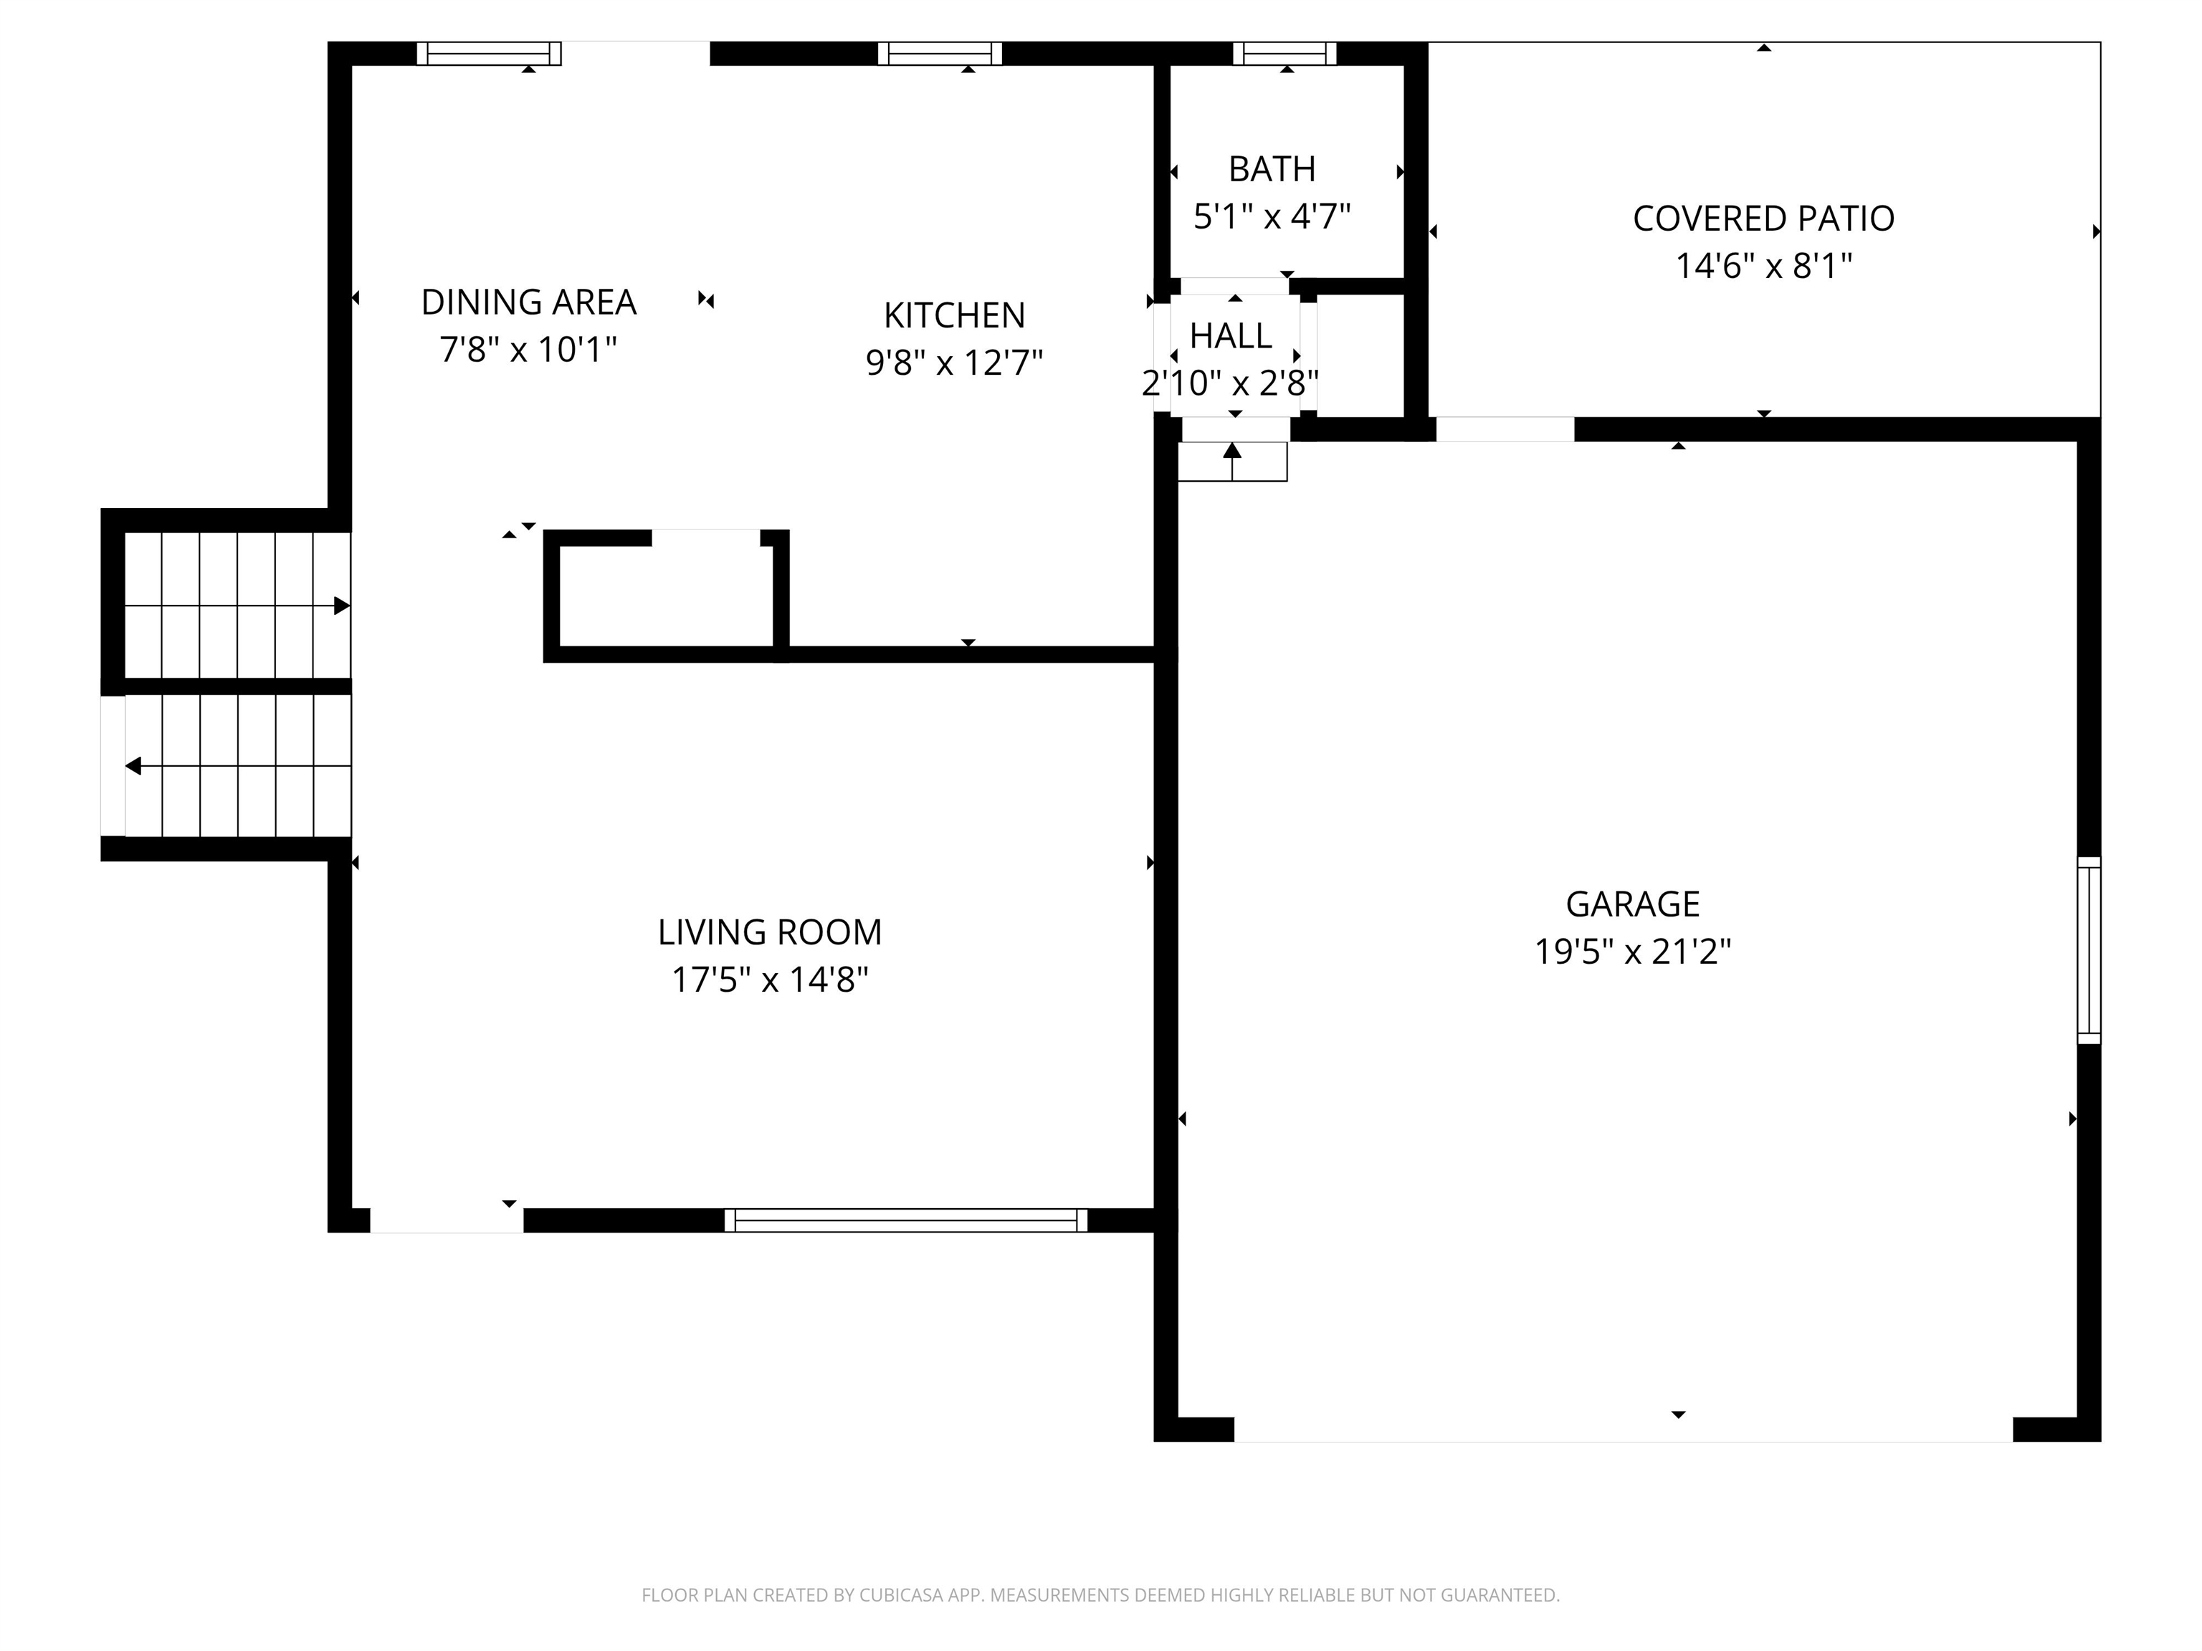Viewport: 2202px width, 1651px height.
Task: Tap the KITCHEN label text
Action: [953, 315]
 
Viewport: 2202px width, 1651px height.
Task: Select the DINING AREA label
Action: [528, 302]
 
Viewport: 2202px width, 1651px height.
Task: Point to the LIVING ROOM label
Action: [770, 932]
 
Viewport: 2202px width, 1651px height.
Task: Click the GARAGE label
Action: [1633, 904]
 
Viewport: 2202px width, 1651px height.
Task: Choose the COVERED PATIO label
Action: [1763, 218]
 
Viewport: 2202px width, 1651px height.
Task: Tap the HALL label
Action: [1231, 336]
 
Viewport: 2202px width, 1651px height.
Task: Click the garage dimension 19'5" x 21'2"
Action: [1633, 952]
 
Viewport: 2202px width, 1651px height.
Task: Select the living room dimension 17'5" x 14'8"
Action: [770, 980]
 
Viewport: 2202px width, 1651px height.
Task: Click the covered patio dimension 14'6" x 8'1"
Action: [1763, 266]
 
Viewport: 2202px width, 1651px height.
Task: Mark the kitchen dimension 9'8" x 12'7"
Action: [953, 363]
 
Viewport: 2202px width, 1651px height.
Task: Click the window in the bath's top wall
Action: [1284, 54]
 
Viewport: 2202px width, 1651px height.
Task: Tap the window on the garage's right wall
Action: [2089, 950]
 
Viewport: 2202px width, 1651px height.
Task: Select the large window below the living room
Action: [906, 1220]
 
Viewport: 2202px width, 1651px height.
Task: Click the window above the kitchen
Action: [940, 54]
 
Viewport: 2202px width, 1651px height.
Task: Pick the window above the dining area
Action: [489, 54]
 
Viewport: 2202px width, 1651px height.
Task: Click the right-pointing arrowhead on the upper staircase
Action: [341, 605]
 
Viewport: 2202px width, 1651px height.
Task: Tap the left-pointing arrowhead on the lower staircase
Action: [133, 766]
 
